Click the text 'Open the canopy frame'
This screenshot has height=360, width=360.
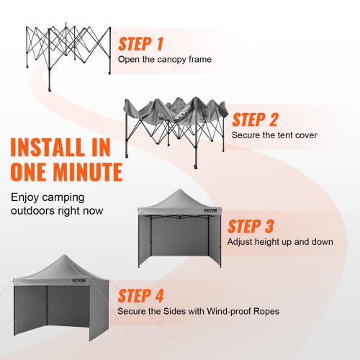[x=165, y=60]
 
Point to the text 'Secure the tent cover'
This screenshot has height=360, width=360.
[x=274, y=135]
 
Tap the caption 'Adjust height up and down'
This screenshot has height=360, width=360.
[x=280, y=242]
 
